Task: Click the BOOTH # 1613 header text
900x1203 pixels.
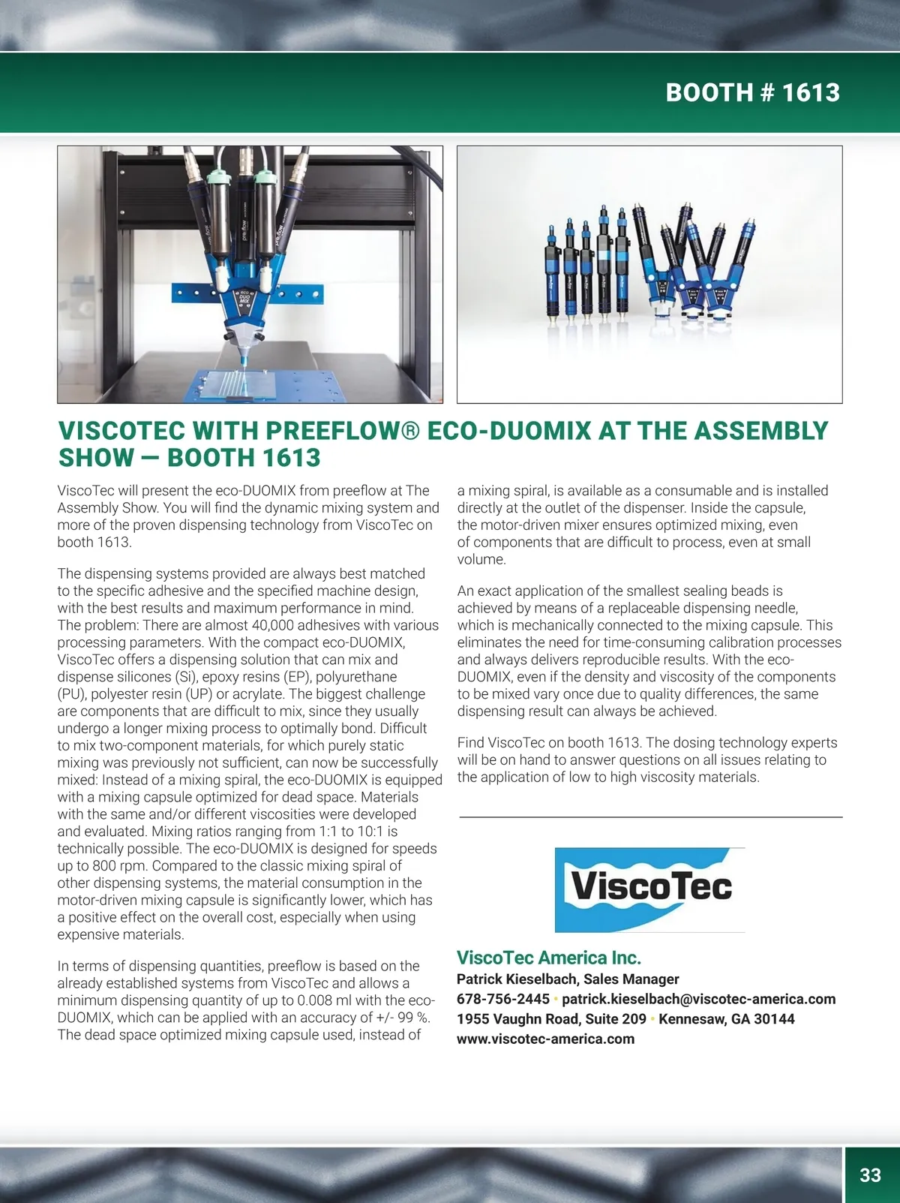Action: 752,92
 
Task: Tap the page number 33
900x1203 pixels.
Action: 870,1174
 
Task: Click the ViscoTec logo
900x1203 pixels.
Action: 649,889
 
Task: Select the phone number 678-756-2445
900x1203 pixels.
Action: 503,999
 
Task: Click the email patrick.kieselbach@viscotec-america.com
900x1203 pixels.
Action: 698,999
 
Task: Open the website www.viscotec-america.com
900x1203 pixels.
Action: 545,1039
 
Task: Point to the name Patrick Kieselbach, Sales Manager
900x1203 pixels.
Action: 568,979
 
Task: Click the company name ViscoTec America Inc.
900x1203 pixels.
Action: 548,958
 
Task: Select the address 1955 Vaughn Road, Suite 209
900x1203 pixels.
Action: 551,1019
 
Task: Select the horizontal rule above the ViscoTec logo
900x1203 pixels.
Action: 650,817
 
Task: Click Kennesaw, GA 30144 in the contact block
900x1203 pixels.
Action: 726,1019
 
